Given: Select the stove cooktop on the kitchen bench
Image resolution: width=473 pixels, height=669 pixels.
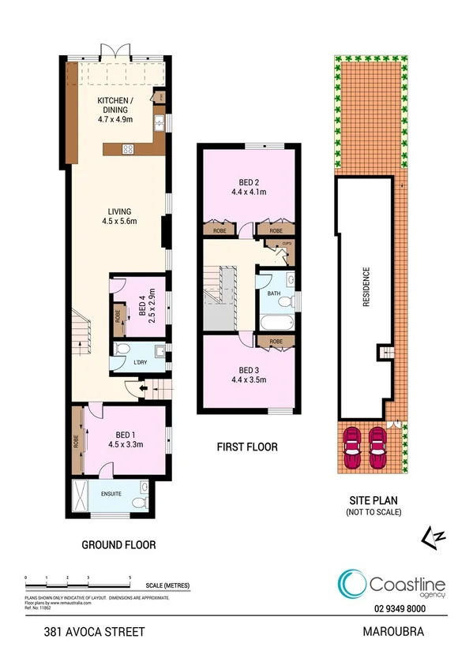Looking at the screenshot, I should [x=126, y=148].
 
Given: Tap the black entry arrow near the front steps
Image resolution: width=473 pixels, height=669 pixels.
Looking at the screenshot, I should [x=144, y=387].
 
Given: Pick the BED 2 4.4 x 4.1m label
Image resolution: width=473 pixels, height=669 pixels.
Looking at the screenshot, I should [x=249, y=186].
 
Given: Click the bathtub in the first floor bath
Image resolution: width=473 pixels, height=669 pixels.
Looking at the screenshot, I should [x=276, y=322].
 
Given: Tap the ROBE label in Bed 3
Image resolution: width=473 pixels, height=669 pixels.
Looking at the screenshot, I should [x=276, y=342].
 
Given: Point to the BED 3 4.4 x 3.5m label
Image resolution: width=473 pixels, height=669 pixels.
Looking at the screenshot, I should [x=249, y=375].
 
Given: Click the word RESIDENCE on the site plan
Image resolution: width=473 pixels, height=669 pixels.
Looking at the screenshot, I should [x=366, y=289].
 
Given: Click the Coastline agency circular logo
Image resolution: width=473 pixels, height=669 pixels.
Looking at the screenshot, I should [x=351, y=584].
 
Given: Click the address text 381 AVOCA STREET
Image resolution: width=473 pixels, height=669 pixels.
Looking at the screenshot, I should [x=84, y=632].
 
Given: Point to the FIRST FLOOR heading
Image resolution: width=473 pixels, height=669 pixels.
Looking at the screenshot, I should [x=247, y=447].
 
